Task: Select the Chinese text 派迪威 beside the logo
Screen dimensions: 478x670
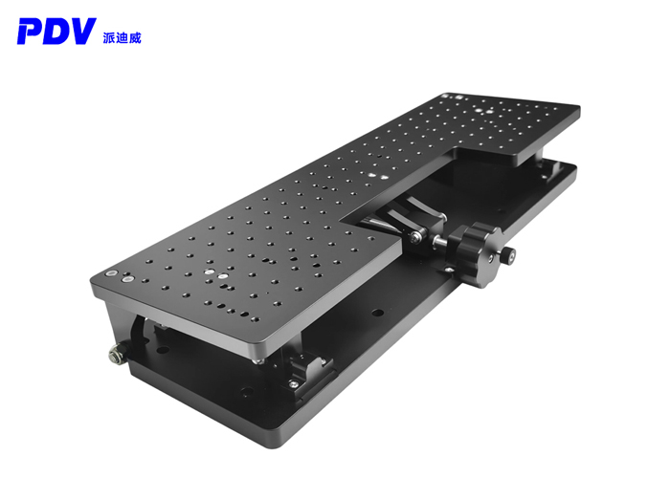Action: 122,37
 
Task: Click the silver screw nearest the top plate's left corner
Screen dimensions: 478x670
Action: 113,273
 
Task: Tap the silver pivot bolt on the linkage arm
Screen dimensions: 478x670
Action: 413,236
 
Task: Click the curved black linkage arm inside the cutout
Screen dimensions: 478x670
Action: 388,224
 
